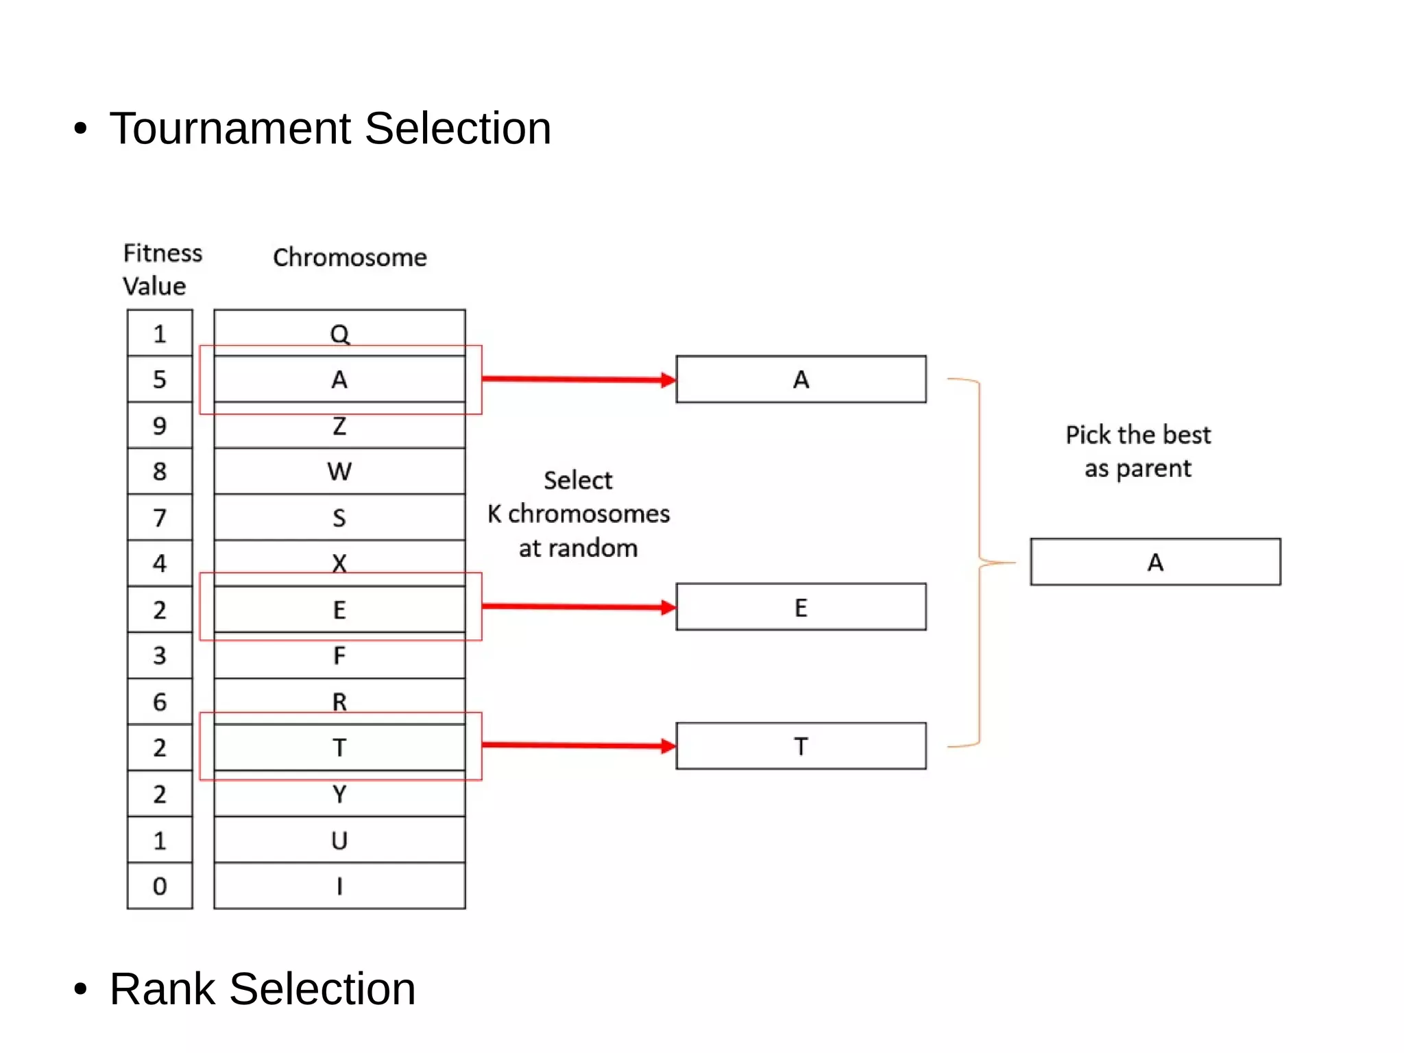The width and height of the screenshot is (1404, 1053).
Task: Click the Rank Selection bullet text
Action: (x=263, y=989)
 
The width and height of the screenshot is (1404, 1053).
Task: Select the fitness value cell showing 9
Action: (x=160, y=425)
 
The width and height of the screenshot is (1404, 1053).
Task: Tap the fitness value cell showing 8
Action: (x=160, y=471)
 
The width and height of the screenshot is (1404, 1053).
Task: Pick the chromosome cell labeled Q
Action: (x=339, y=333)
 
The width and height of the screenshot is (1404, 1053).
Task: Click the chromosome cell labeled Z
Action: (x=339, y=425)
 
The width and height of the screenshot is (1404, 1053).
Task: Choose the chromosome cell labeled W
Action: (x=339, y=471)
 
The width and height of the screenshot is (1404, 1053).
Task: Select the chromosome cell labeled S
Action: (x=339, y=517)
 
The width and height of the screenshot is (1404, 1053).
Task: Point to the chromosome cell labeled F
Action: (x=339, y=656)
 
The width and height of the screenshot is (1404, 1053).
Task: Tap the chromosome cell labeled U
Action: (x=339, y=840)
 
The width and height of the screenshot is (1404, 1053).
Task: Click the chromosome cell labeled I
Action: (x=339, y=886)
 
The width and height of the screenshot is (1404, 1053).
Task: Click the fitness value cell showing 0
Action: (x=160, y=886)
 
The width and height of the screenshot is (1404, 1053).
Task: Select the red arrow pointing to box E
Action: (x=579, y=606)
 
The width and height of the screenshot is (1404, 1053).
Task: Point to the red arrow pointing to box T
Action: (x=579, y=746)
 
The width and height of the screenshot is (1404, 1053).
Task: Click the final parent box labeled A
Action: (x=1155, y=562)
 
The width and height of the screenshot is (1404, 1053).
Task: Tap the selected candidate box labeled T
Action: (x=801, y=746)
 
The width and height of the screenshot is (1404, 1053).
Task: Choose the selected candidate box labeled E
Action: (x=801, y=607)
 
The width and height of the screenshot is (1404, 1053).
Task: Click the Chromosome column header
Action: (x=350, y=257)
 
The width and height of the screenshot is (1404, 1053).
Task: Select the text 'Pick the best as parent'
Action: (x=1138, y=451)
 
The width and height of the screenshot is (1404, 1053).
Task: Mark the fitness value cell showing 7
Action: (x=160, y=517)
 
